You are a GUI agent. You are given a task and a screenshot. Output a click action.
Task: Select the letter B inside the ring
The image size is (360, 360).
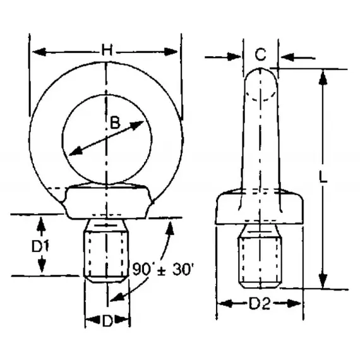point(115,124)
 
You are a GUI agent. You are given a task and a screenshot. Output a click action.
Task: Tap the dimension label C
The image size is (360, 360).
point(260,56)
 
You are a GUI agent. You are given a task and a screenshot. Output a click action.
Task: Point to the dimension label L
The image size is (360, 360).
point(323,179)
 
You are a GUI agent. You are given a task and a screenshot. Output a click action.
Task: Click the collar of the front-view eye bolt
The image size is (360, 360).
point(107,200)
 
